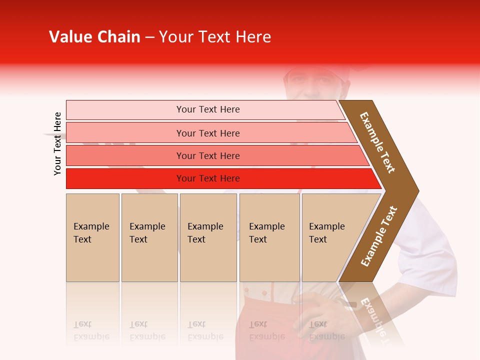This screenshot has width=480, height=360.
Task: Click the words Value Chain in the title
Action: [94, 37]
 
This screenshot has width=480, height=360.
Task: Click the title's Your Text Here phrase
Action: [215, 37]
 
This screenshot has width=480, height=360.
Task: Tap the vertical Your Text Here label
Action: [57, 143]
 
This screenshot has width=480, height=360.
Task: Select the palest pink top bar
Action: [125, 110]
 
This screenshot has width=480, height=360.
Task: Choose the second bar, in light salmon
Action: [125, 133]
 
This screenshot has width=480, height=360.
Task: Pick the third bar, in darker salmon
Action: [125, 155]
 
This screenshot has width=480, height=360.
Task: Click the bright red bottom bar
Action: [125, 178]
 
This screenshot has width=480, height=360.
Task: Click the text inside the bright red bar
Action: [208, 178]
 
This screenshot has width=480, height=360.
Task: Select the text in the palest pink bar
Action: [208, 109]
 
